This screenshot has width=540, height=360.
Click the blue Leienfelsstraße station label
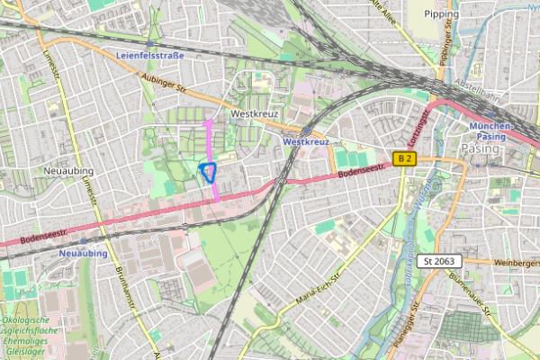(x=149, y=55)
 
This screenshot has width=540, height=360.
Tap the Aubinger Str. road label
(x=162, y=88)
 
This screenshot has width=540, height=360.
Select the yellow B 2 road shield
(x=406, y=159)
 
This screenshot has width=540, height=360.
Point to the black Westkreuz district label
(x=256, y=115)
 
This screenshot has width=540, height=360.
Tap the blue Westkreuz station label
(x=306, y=142)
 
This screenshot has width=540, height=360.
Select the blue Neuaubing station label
(x=82, y=254)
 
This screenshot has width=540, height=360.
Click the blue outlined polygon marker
(x=209, y=172)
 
